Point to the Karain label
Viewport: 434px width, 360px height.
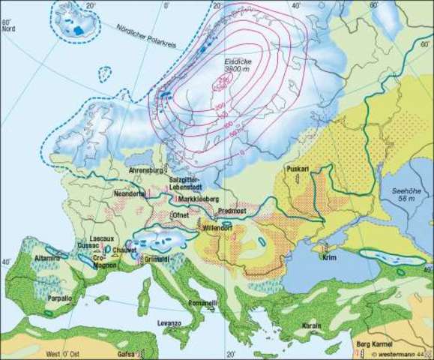(x=311, y=326)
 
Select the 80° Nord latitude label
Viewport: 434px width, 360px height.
(x=8, y=26)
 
